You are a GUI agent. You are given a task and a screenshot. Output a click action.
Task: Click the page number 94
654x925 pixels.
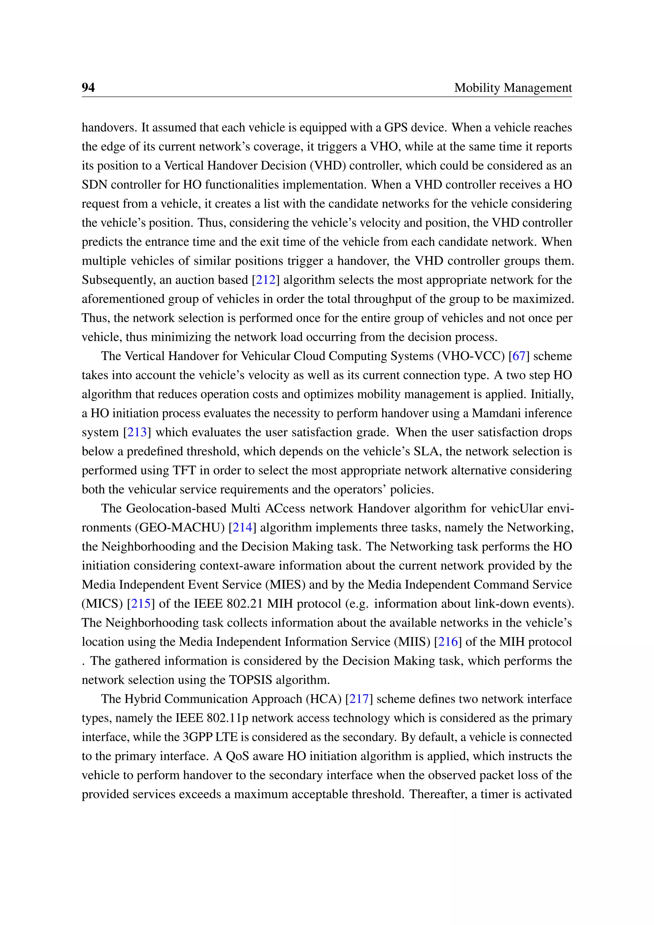click(x=88, y=88)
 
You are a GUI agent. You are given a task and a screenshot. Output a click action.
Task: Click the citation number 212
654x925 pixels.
click(x=265, y=279)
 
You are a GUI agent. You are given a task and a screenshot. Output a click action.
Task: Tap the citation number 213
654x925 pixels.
click(x=137, y=432)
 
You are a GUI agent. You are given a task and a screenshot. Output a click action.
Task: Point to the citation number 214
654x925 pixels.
click(x=242, y=527)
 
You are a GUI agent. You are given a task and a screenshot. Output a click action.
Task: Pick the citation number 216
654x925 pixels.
click(x=447, y=641)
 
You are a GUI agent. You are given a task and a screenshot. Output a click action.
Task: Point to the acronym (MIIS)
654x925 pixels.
click(x=412, y=641)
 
